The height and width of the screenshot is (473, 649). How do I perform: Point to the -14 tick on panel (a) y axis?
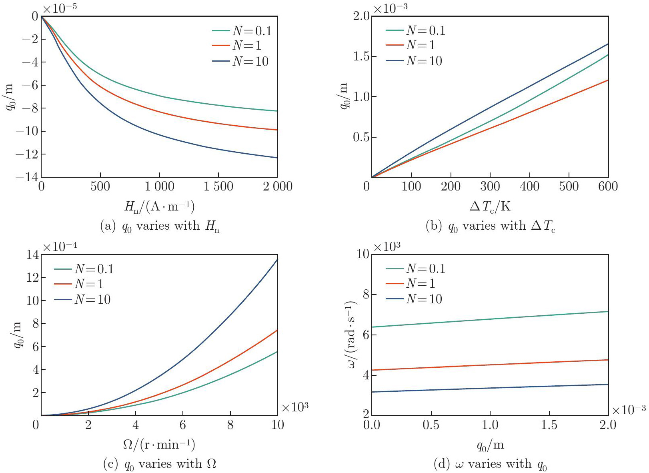27,177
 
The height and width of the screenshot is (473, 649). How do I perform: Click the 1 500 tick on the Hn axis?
218,186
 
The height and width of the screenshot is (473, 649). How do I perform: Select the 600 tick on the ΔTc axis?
608,186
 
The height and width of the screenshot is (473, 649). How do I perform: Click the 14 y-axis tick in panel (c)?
33,255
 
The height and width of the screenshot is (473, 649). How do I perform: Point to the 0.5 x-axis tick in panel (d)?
431,425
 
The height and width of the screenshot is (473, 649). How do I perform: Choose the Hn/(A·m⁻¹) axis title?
159,206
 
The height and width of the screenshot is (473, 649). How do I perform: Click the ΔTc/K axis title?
490,206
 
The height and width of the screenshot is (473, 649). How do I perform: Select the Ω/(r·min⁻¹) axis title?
159,445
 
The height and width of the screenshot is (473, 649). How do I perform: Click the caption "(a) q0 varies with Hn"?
159,226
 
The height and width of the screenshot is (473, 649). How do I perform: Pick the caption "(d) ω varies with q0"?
490,465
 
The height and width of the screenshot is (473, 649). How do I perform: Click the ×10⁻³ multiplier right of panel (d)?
629,409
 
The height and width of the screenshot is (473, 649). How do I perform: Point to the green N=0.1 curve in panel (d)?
490,319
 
